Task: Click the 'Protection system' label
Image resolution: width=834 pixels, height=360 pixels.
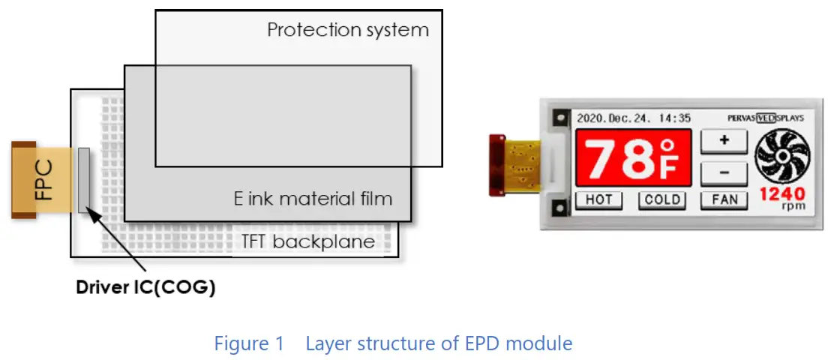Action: (x=348, y=31)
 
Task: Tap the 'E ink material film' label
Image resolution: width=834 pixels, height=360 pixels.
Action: (x=312, y=199)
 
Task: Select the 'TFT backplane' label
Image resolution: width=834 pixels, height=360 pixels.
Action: (x=307, y=241)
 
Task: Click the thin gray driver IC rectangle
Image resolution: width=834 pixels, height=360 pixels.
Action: (x=83, y=180)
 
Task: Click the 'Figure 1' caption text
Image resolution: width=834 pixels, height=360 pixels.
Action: (x=249, y=344)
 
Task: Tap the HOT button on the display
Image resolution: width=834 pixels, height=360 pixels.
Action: (x=598, y=199)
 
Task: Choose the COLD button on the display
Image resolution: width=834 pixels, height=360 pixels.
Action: (x=662, y=199)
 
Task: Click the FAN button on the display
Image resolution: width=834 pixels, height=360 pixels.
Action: (x=724, y=199)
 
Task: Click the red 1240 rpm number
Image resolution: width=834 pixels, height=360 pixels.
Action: (x=782, y=194)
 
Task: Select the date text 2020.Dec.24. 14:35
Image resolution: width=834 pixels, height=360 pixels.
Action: (x=633, y=118)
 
